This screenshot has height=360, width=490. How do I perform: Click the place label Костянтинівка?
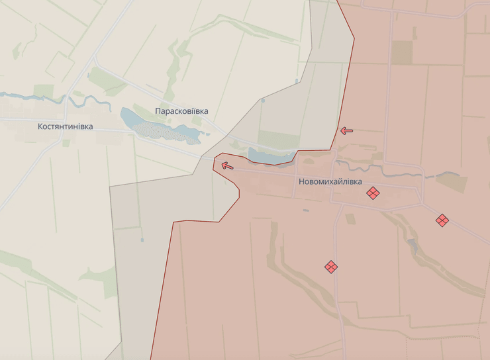[66, 126]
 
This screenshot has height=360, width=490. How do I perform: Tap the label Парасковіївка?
[181, 111]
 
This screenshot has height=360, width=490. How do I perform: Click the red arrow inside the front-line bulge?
[227, 165]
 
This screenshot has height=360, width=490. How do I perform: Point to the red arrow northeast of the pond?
[346, 130]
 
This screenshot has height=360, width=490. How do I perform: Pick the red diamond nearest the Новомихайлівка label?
[373, 193]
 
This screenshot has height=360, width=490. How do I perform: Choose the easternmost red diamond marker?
[442, 220]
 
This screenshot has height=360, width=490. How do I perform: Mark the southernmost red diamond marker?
[331, 267]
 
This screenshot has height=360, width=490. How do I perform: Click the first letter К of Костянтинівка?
[40, 126]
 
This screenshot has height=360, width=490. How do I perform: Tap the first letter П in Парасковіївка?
[158, 111]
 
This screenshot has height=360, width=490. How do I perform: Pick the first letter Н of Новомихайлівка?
[302, 181]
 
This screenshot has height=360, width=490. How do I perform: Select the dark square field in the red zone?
[401, 52]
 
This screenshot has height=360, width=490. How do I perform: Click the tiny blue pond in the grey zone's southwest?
[142, 240]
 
